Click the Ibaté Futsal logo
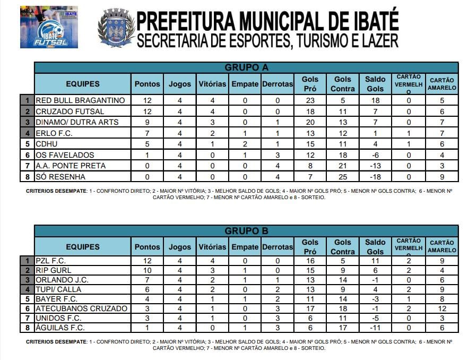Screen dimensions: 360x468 (x=49, y=27)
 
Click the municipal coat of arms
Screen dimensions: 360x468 (x=116, y=28)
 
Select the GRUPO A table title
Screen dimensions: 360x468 (x=246, y=67)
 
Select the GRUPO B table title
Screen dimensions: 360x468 (x=246, y=231)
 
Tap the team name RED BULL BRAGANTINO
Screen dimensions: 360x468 (x=80, y=100)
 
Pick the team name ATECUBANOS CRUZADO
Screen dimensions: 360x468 (x=81, y=308)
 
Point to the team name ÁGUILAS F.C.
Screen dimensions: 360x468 (x=60, y=328)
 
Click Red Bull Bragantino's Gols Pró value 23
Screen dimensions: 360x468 (x=310, y=100)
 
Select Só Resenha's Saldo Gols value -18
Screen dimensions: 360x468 (x=375, y=176)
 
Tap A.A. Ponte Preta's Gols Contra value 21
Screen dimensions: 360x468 (x=342, y=166)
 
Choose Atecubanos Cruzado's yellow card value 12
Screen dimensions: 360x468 (x=442, y=308)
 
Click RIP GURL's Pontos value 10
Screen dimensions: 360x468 (x=147, y=270)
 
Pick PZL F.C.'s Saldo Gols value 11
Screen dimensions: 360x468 (x=375, y=261)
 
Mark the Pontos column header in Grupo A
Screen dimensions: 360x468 (x=147, y=84)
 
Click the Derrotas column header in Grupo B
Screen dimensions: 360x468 (x=277, y=247)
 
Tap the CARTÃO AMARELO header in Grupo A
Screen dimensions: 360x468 (x=442, y=84)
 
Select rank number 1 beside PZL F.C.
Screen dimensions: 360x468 (x=27, y=261)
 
